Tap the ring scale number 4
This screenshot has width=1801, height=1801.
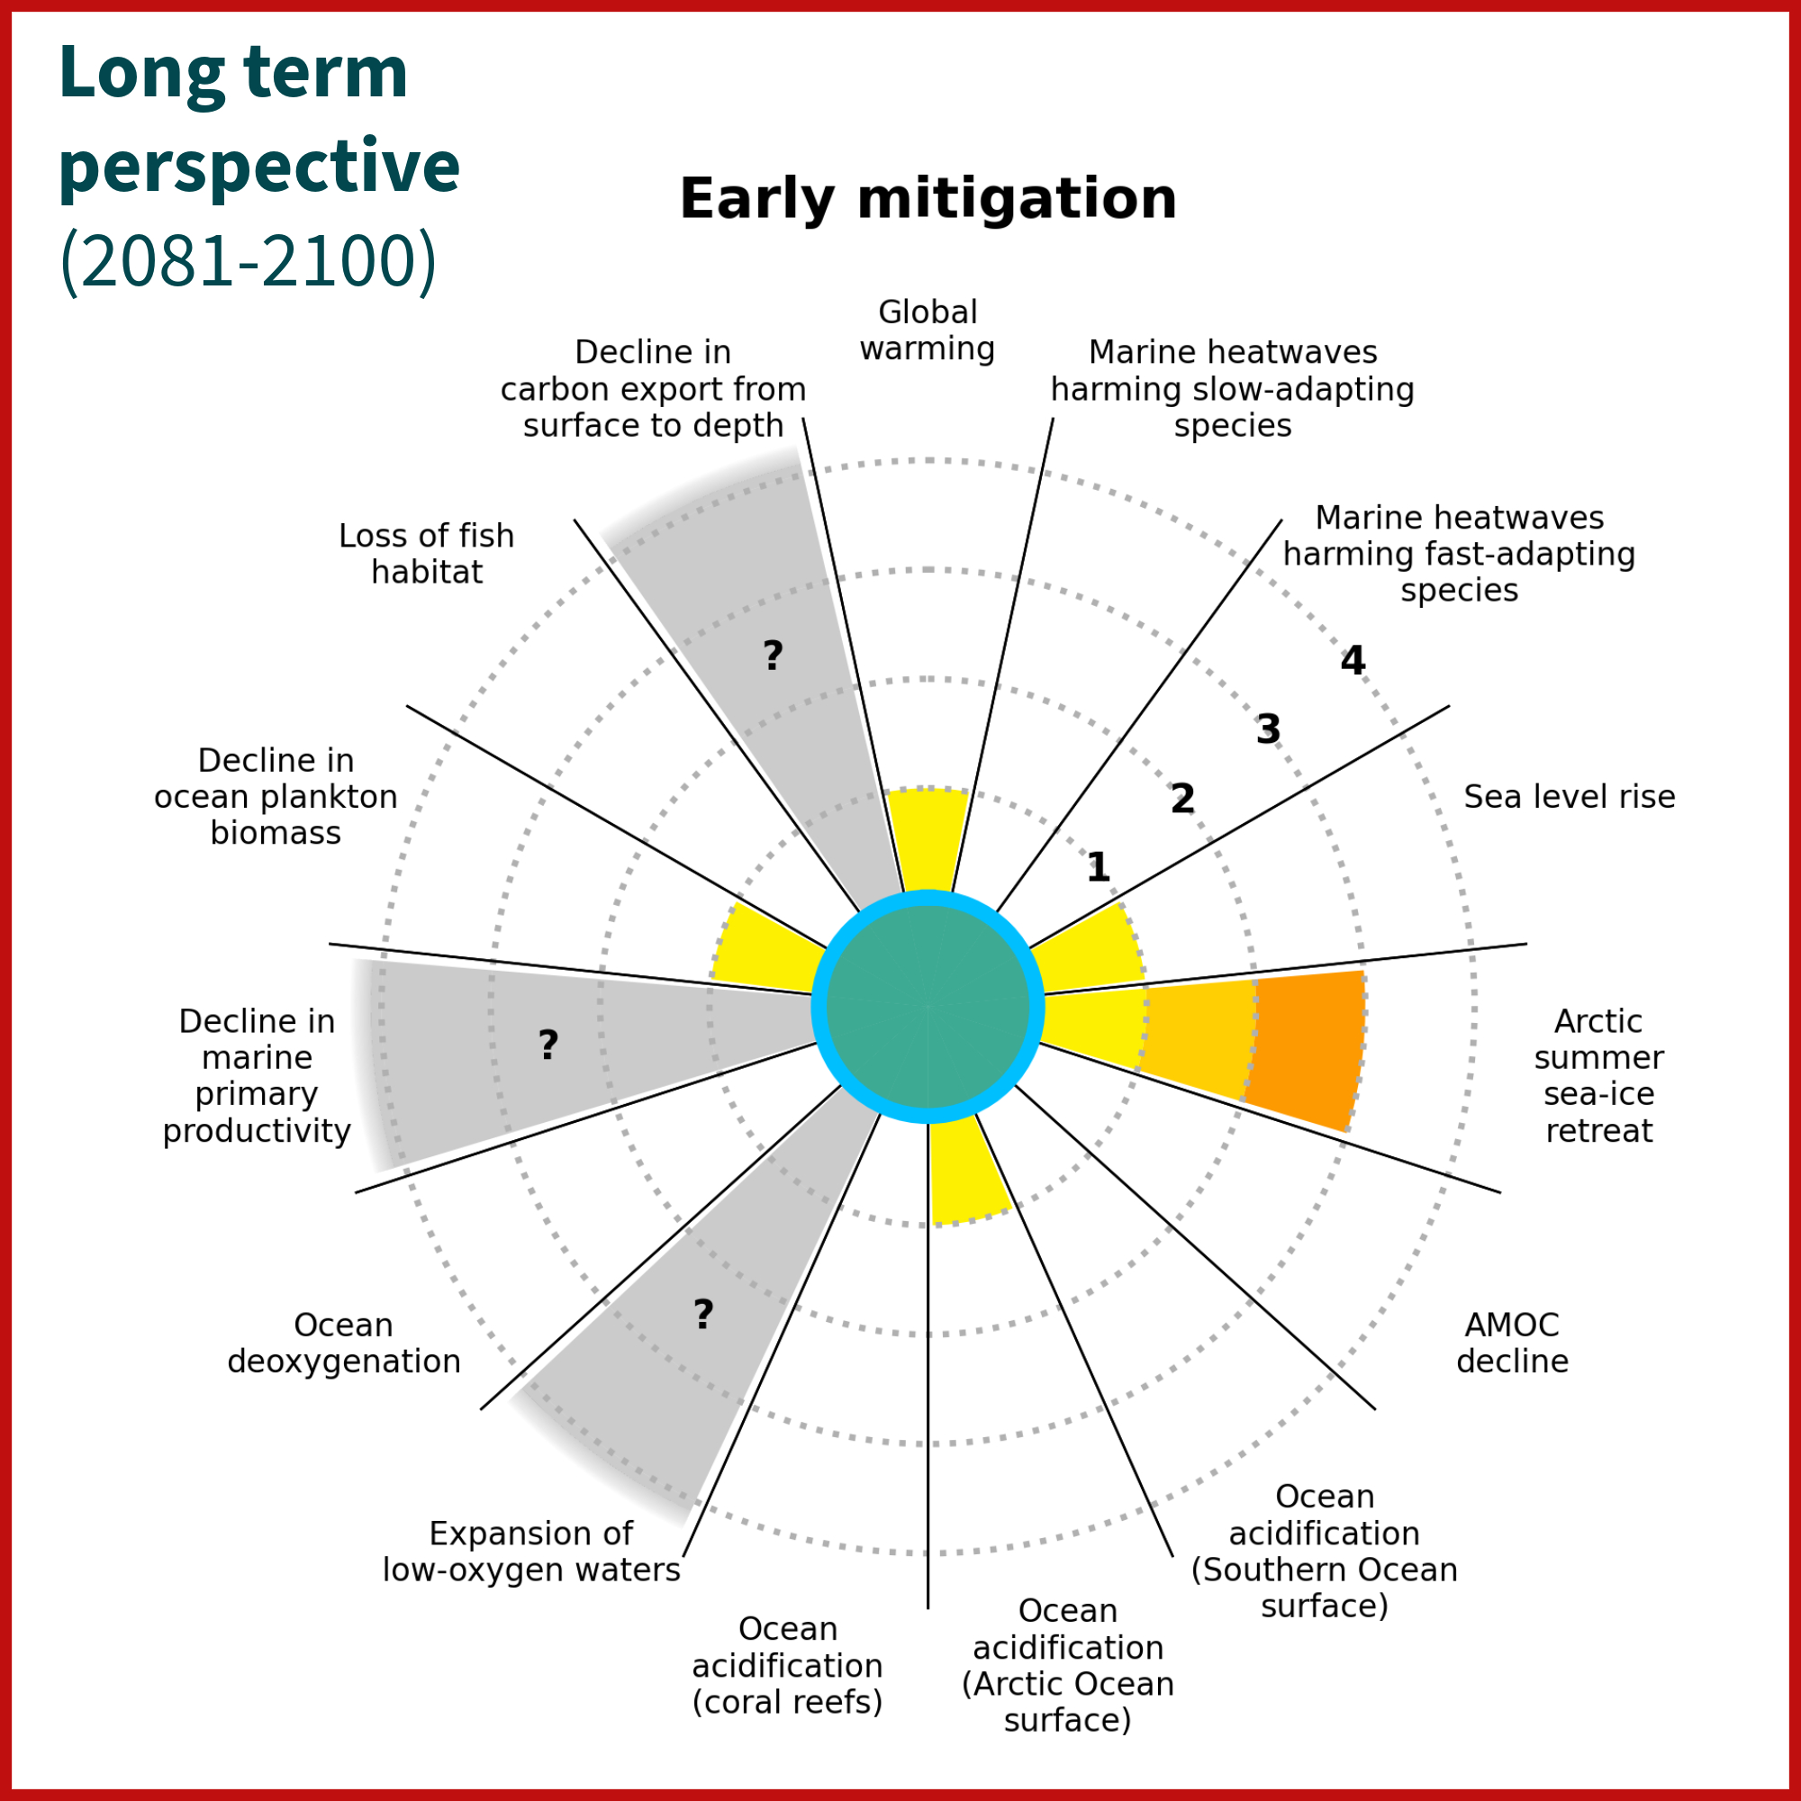point(1353,661)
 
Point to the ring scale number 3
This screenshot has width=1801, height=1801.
point(1268,730)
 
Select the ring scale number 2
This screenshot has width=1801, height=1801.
point(1182,799)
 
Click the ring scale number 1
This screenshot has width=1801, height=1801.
point(1098,868)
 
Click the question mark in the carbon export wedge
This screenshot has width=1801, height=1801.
point(772,656)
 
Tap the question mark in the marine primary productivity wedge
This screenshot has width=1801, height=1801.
point(548,1045)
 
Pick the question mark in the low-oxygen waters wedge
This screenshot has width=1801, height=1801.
point(703,1315)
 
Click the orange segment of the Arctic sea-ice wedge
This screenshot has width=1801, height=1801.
point(1307,1048)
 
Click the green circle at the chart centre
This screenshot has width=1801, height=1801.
point(928,1007)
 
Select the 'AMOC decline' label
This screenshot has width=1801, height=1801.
point(1512,1343)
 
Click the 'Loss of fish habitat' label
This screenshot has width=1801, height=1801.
point(426,554)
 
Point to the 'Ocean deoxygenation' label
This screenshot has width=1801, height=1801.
point(344,1343)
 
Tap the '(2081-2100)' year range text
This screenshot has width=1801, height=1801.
point(248,259)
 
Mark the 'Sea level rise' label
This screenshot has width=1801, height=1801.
point(1569,797)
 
